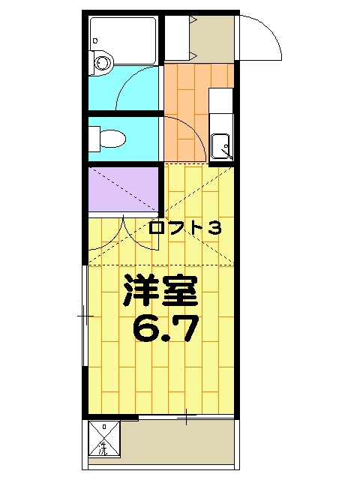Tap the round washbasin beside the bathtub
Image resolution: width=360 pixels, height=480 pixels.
pos(101,63)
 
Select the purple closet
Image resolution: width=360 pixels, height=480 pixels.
pos(123,188)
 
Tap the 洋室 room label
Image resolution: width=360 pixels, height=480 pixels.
pos(160,290)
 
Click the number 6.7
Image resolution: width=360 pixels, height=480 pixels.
pos(166,328)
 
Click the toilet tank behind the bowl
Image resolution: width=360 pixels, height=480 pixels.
pos(94,139)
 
